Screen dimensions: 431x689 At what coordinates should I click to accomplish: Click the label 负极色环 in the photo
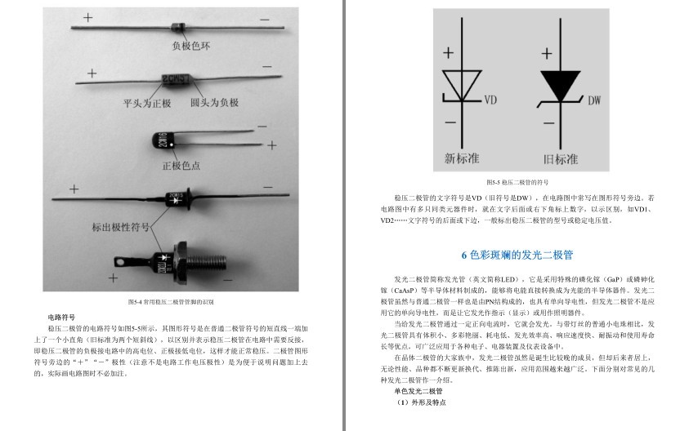pyautogui.click(x=190, y=46)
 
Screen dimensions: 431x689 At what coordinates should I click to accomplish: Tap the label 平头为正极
pyautogui.click(x=148, y=104)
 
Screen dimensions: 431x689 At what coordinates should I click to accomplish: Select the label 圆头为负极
pyautogui.click(x=214, y=104)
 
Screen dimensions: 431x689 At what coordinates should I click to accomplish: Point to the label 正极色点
pyautogui.click(x=181, y=167)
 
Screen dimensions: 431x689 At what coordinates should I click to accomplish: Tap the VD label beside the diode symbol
pyautogui.click(x=491, y=101)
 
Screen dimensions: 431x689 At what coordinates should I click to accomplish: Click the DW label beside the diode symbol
pyautogui.click(x=594, y=100)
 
